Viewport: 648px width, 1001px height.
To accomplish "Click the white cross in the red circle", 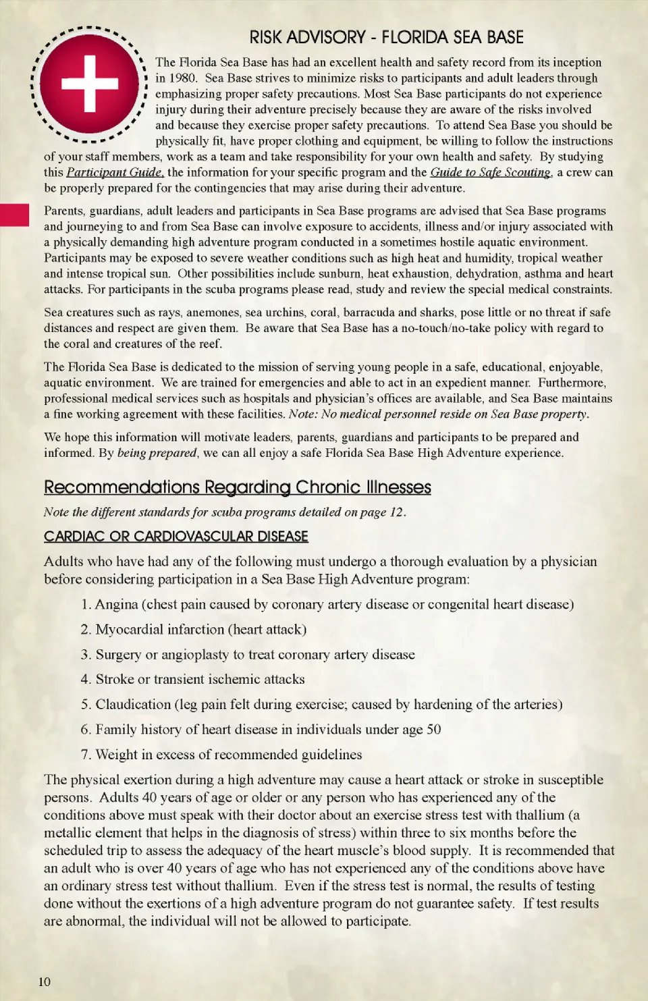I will [x=89, y=83].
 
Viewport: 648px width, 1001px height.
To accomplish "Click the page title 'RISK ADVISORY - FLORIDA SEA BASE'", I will [x=386, y=37].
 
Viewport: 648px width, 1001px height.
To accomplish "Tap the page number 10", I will [x=44, y=981].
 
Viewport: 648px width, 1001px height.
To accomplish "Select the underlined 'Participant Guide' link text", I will [x=114, y=172].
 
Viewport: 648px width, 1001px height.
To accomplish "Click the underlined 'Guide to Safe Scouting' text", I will [x=491, y=172].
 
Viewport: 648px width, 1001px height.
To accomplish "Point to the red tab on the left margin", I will [x=14, y=215].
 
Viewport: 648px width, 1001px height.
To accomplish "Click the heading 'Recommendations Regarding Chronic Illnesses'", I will [x=237, y=487].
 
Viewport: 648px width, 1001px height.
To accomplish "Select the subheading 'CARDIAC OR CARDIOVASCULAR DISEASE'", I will [x=175, y=537].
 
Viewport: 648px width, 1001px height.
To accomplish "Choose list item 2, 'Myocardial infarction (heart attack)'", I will [x=200, y=629].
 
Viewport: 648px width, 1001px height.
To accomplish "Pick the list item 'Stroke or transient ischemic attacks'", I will [x=200, y=679].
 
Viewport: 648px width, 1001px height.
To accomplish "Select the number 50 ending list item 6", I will [x=433, y=729].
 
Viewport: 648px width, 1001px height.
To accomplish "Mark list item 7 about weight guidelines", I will [x=228, y=754].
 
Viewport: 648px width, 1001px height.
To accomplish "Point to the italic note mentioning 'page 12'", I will [x=225, y=512].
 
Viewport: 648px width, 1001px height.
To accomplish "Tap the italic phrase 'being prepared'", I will [x=157, y=453].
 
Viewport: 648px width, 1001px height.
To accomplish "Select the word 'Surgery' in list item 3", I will [x=118, y=654].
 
